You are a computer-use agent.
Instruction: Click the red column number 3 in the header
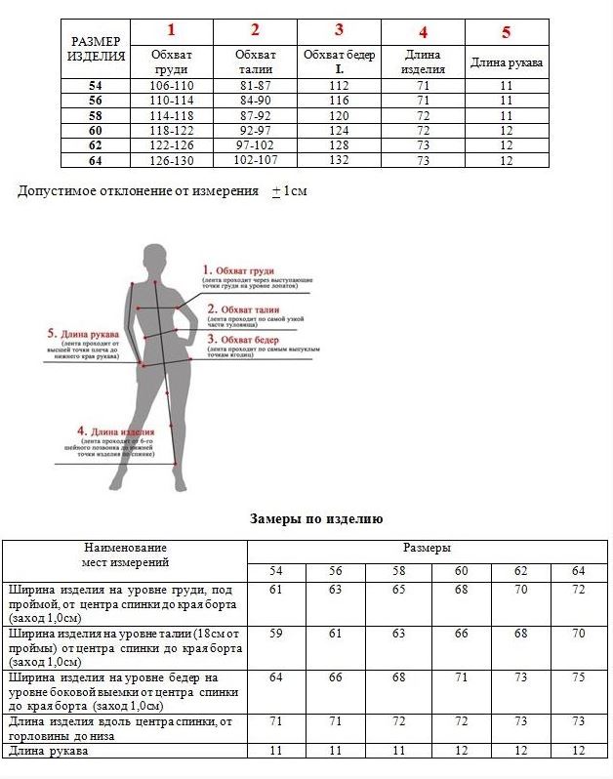[x=340, y=30]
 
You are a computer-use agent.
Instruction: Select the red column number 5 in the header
[x=506, y=32]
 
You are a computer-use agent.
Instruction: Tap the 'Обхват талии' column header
[x=256, y=61]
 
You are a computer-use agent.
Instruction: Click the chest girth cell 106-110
[x=171, y=87]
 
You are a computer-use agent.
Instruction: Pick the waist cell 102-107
[x=256, y=160]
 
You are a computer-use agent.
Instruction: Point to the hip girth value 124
[x=339, y=131]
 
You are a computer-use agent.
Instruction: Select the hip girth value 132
[x=339, y=160]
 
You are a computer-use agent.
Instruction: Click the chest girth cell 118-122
[x=171, y=131]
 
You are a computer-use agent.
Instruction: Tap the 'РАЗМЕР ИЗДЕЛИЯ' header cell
[x=96, y=48]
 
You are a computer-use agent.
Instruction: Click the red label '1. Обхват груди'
[x=238, y=269]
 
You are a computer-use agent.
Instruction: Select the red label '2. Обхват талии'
[x=240, y=308]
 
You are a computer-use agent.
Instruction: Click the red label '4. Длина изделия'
[x=116, y=430]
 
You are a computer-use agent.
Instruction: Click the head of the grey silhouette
[x=157, y=260]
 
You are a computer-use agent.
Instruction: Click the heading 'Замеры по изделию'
[x=316, y=519]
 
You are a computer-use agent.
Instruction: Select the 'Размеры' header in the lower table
[x=427, y=549]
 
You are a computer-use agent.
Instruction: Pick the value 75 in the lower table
[x=578, y=677]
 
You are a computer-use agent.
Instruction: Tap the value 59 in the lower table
[x=276, y=634]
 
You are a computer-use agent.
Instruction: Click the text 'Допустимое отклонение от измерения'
[x=138, y=191]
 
